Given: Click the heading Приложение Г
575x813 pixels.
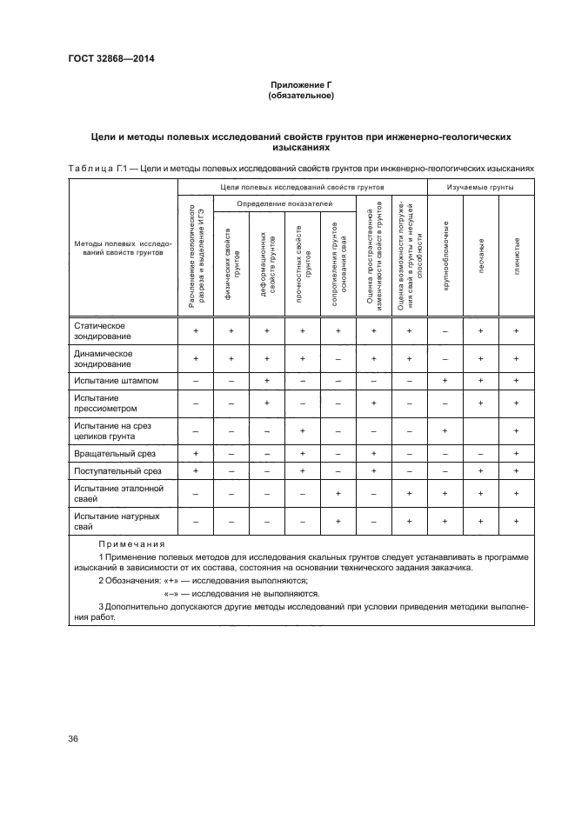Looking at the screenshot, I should (x=301, y=84).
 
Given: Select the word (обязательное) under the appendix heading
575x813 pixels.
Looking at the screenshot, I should (x=301, y=96).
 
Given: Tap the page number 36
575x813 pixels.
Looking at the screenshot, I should (x=72, y=739).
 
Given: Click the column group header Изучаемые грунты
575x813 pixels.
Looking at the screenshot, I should (x=479, y=187).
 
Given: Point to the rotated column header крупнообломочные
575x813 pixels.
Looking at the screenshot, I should (x=445, y=257).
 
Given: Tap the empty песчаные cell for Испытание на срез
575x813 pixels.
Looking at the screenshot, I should (x=480, y=430).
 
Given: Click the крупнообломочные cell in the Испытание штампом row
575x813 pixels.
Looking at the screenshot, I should (x=445, y=381).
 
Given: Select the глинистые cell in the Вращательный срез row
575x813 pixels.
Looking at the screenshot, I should (x=516, y=454).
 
